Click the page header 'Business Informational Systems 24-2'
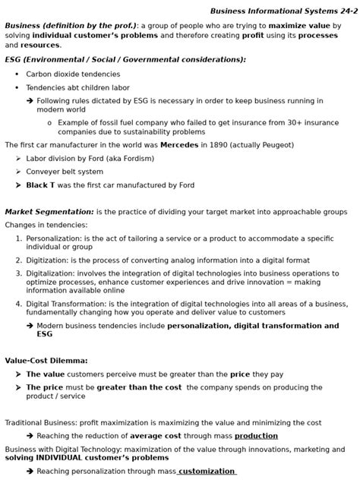click(x=283, y=11)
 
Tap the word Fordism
click(x=134, y=158)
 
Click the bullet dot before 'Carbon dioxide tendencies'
click(x=17, y=74)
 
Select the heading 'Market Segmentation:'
click(x=49, y=211)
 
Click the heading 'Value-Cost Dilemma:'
click(x=46, y=360)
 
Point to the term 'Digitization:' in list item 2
click(x=48, y=259)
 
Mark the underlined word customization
click(x=207, y=471)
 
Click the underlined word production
click(x=256, y=436)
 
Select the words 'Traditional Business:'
click(x=43, y=422)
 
